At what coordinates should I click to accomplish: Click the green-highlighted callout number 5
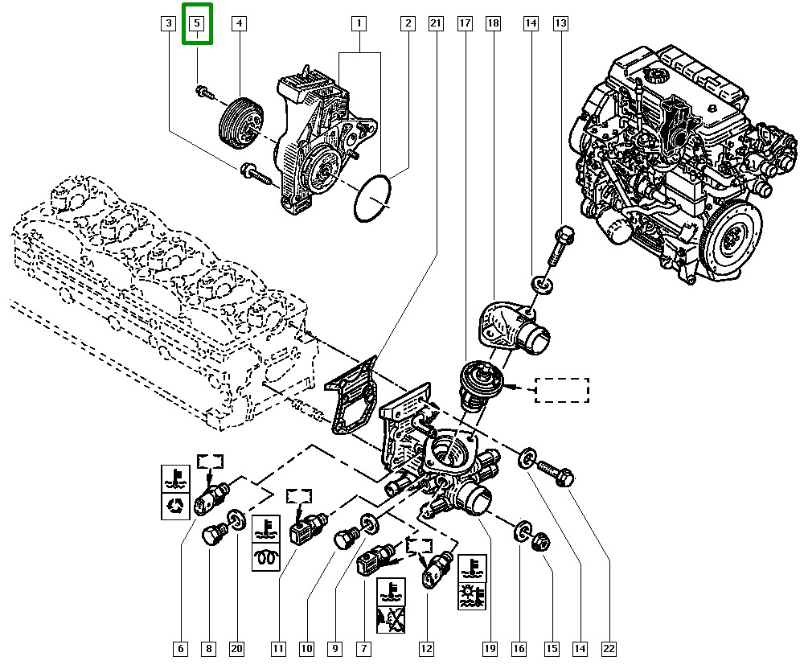(198, 24)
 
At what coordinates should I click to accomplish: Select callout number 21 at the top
(436, 24)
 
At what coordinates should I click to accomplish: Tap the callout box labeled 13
(560, 24)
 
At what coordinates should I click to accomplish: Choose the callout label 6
(181, 647)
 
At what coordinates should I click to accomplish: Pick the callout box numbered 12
(425, 647)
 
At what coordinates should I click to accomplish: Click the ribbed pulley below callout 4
(239, 122)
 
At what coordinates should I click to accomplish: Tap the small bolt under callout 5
(203, 92)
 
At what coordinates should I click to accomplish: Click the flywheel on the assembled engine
(731, 242)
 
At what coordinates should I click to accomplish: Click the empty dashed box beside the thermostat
(562, 390)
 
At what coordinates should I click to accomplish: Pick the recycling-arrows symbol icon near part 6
(175, 506)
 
